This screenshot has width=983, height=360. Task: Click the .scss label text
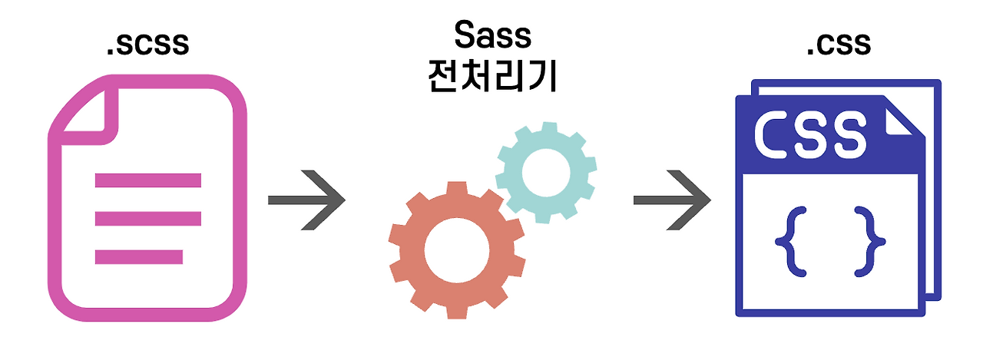tap(147, 45)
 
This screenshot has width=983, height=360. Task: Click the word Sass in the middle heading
tap(492, 34)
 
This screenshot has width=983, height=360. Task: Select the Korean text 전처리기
tap(492, 78)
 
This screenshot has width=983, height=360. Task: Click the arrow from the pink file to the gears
tap(306, 200)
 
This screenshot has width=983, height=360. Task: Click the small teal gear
tap(545, 172)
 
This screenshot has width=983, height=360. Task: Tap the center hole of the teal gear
tap(545, 172)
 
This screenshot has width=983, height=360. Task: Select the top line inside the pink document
tap(147, 181)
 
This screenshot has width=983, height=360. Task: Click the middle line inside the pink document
tap(147, 219)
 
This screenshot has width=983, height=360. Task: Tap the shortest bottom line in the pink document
tap(138, 256)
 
